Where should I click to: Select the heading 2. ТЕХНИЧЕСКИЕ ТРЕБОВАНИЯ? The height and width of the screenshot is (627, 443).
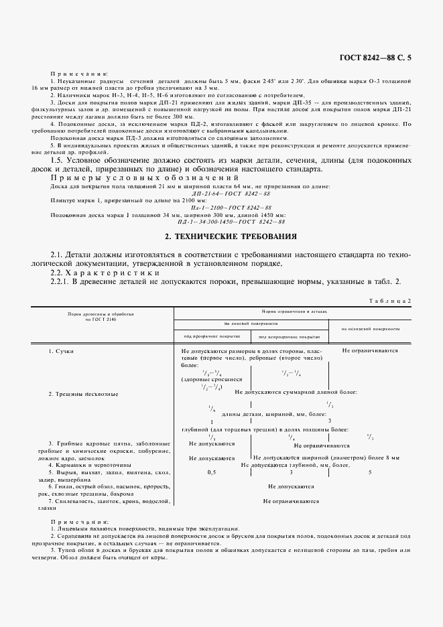220,237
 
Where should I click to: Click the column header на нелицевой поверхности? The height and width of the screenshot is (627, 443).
370,329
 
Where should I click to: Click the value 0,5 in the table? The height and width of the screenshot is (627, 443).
211,472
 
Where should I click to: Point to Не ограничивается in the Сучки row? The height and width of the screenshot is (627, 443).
370,350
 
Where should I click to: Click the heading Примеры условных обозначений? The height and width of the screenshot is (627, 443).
145,178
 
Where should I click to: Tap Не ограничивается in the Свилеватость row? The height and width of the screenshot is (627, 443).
290,500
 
